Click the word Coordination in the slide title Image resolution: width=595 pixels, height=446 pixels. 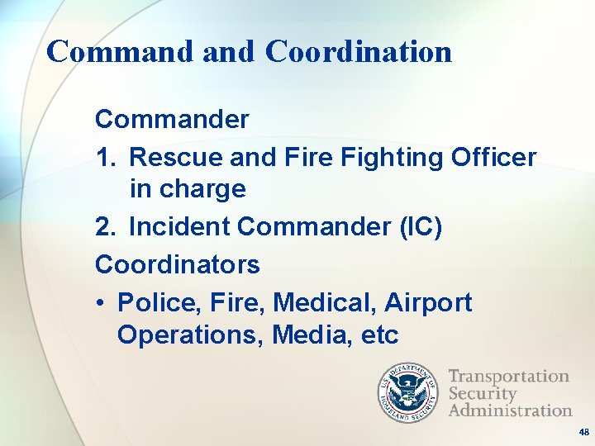(359, 51)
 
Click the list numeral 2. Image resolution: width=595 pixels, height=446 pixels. (104, 225)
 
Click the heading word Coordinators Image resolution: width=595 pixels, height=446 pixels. (177, 264)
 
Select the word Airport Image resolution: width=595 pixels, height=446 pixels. (428, 303)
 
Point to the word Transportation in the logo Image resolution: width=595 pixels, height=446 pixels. (508, 377)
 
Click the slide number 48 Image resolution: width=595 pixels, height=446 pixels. (583, 432)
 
